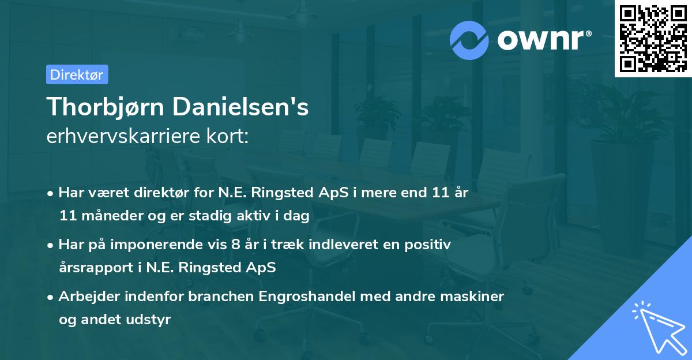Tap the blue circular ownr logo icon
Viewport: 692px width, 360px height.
[x=469, y=40]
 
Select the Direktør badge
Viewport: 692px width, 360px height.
[x=77, y=74]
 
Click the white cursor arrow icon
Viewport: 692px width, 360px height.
[x=657, y=328]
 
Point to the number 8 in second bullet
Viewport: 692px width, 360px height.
[x=235, y=245]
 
